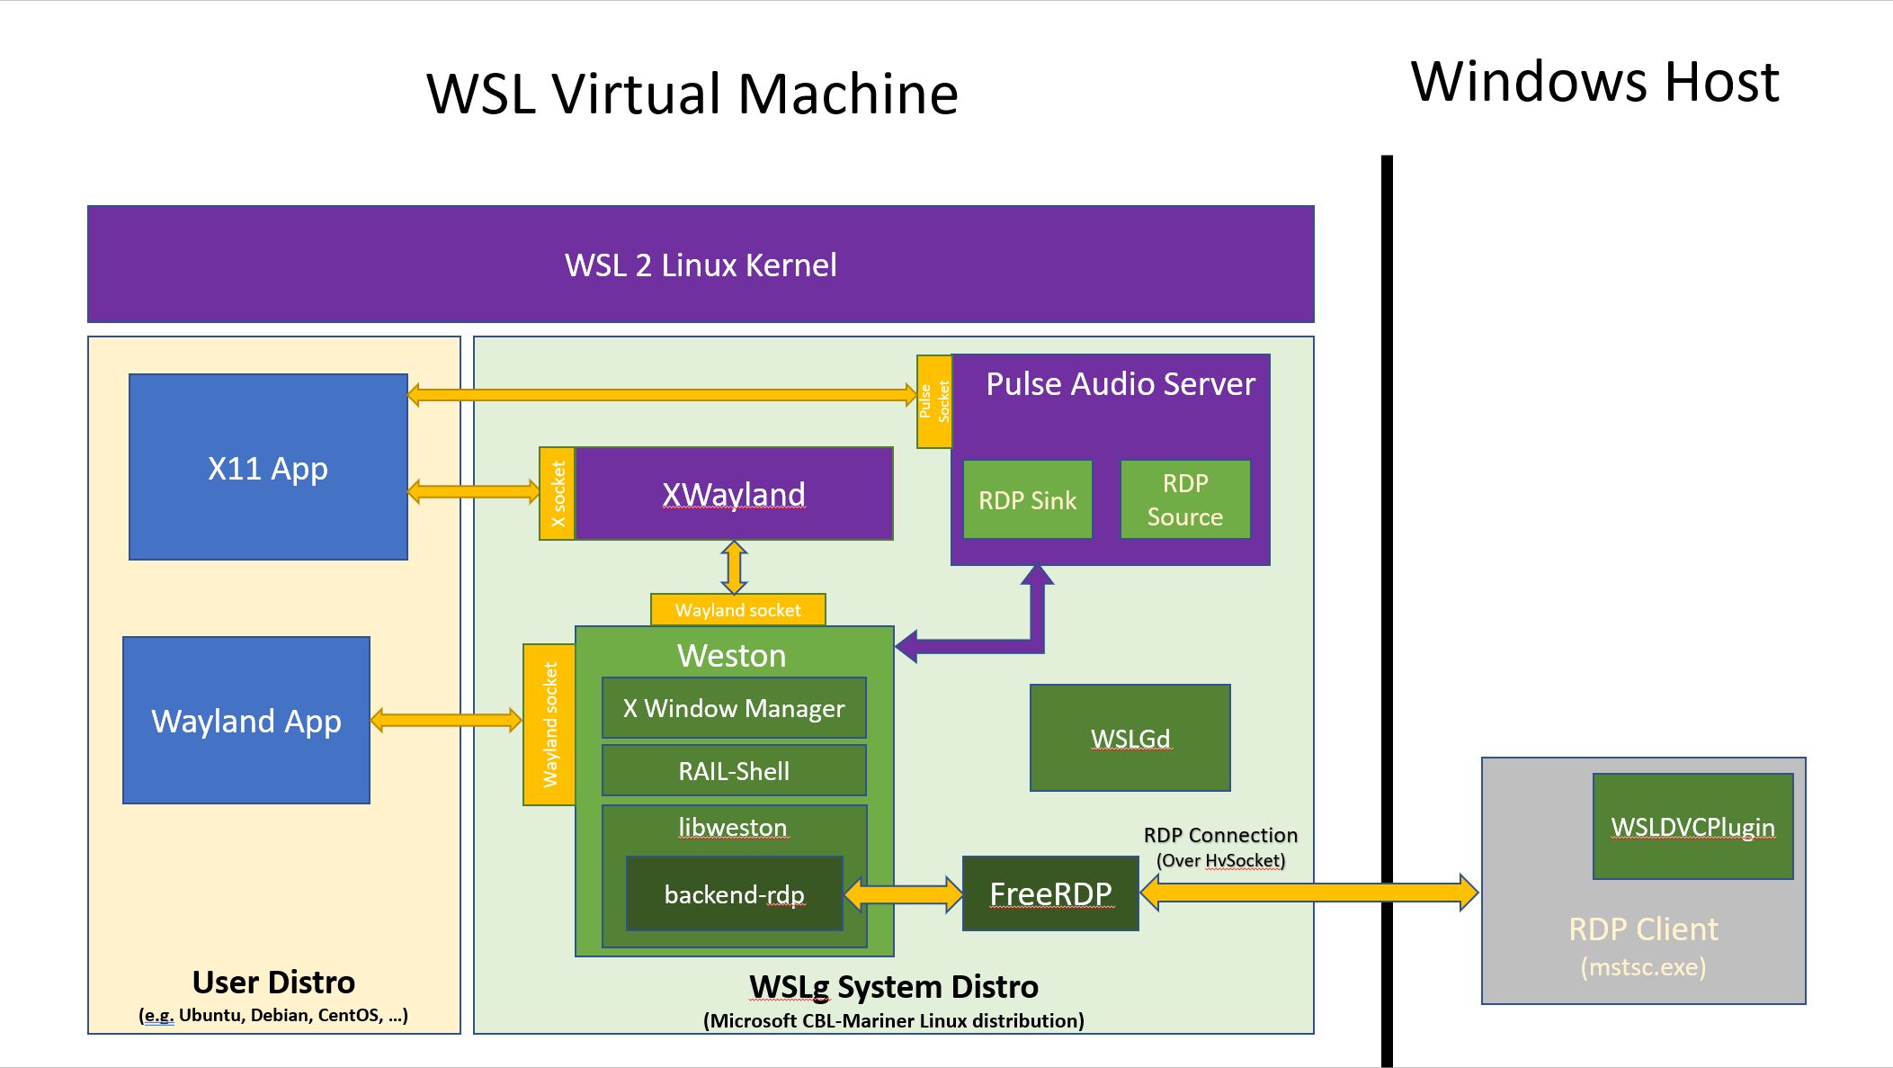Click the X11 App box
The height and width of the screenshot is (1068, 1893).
tap(268, 467)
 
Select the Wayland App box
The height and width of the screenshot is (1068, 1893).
tap(246, 720)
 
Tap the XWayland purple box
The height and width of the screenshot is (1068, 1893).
tap(733, 494)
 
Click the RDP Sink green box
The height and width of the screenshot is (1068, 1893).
tap(1027, 500)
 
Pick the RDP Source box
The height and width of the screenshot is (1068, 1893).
tap(1184, 500)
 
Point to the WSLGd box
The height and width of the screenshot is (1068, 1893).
tap(1130, 738)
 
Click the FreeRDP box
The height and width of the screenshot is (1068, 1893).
tap(1050, 893)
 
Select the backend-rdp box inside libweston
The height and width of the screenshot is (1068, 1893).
tap(734, 894)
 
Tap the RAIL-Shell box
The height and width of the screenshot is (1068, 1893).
tap(734, 770)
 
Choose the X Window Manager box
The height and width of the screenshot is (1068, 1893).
tap(734, 708)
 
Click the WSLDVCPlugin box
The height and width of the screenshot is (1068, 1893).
tap(1692, 826)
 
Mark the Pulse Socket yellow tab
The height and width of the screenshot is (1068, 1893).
tap(933, 401)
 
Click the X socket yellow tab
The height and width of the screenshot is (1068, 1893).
tap(557, 494)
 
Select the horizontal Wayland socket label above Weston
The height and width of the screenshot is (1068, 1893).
tap(737, 610)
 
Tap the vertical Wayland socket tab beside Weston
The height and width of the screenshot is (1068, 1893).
tap(549, 724)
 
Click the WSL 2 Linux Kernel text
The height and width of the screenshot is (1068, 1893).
tap(701, 265)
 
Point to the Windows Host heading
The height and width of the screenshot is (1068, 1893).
tap(1594, 81)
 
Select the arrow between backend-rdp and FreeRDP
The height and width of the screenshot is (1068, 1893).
tap(903, 893)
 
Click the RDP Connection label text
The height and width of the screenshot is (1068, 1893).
tap(1220, 835)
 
